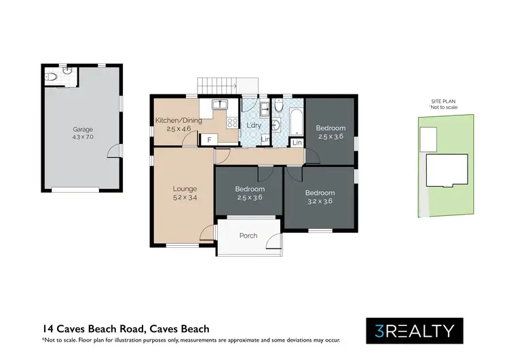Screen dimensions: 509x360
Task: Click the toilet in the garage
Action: (x=51, y=77)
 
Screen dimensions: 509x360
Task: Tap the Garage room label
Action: (x=83, y=129)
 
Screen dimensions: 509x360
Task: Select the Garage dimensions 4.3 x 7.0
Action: (x=83, y=137)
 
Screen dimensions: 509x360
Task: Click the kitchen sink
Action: (x=220, y=105)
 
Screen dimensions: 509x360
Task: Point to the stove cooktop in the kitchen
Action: (x=232, y=122)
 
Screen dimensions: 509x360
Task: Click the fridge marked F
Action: (x=210, y=140)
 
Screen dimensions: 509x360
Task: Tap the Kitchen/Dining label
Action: (x=178, y=120)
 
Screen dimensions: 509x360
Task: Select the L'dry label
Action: (x=254, y=125)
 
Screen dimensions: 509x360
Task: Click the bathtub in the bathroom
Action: (x=297, y=122)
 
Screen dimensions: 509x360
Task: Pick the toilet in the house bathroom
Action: (x=279, y=105)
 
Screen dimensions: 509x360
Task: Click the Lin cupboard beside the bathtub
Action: (x=297, y=143)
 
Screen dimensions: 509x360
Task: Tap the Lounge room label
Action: (x=185, y=189)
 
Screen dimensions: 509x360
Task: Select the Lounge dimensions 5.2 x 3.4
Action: (x=185, y=197)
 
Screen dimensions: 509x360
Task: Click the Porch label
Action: (x=248, y=236)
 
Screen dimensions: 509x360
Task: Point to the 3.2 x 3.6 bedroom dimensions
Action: (x=320, y=201)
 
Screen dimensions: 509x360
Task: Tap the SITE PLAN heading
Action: (x=443, y=101)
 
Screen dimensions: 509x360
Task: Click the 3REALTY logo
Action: (x=415, y=331)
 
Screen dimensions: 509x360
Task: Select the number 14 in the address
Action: (x=48, y=329)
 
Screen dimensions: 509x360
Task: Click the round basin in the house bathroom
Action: (x=276, y=125)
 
